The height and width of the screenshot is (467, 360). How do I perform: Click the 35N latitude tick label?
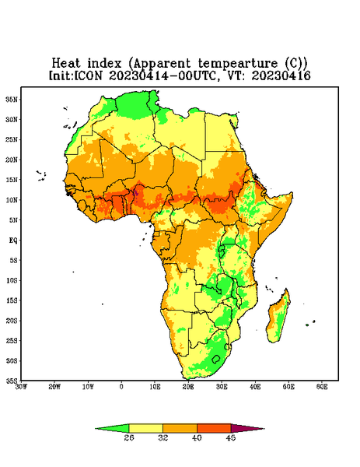12,100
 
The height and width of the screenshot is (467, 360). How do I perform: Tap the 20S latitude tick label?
12,321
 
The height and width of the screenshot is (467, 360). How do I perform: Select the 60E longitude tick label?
322,387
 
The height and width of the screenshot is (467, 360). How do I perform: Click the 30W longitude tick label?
21,387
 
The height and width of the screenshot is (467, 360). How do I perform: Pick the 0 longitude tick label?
121,387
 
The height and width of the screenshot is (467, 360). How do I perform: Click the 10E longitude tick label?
155,387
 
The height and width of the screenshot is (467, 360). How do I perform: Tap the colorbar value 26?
129,437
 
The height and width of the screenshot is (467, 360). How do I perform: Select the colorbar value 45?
231,437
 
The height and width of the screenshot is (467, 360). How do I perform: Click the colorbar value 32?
163,437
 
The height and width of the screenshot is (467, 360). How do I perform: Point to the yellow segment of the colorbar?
145,428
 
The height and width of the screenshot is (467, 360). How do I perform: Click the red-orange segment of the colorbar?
214,428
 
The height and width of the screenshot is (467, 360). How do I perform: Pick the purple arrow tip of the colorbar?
264,429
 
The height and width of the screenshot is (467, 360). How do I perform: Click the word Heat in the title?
66,63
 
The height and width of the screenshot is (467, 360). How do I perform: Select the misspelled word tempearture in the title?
238,64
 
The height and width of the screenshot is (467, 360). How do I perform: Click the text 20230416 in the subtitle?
281,75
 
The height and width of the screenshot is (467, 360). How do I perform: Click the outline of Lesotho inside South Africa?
215,359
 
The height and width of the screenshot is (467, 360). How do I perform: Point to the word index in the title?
105,63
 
